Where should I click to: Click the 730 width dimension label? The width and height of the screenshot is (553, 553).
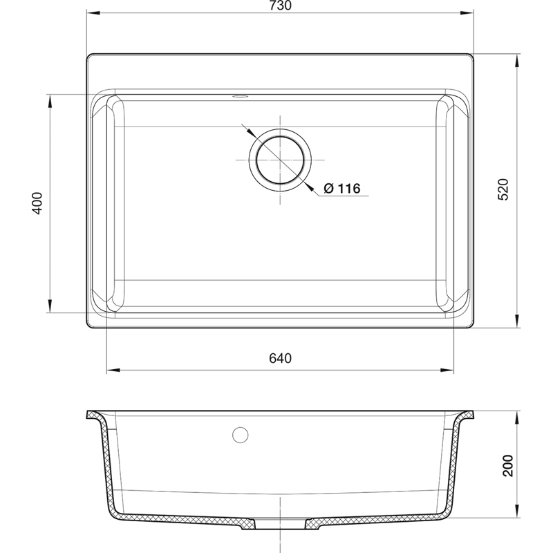pyautogui.click(x=281, y=6)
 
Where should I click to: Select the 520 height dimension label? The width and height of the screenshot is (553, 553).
pyautogui.click(x=503, y=189)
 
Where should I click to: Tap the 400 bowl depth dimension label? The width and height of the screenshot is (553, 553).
pyautogui.click(x=37, y=203)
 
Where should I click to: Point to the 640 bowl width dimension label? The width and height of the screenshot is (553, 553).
pyautogui.click(x=281, y=358)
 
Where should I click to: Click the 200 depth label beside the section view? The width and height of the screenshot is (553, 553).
pyautogui.click(x=507, y=465)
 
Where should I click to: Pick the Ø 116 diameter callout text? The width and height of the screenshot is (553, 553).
pyautogui.click(x=341, y=189)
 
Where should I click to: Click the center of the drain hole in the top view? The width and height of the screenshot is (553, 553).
pyautogui.click(x=280, y=160)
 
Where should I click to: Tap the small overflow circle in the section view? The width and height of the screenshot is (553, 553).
pyautogui.click(x=240, y=435)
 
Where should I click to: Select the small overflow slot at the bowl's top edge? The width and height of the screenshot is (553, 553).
pyautogui.click(x=240, y=95)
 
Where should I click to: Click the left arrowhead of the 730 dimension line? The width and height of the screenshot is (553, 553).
pyautogui.click(x=94, y=13)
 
